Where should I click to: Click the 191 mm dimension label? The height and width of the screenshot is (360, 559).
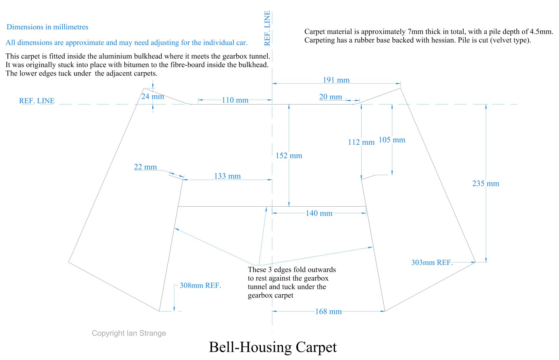(x=336, y=80)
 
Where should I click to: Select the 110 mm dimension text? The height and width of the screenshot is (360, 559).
(x=235, y=100)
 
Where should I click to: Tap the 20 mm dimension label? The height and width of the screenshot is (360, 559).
(x=331, y=97)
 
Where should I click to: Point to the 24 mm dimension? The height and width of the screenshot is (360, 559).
(x=153, y=96)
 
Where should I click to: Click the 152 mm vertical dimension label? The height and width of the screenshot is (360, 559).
(x=289, y=156)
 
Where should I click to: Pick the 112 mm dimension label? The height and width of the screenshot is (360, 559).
(x=361, y=142)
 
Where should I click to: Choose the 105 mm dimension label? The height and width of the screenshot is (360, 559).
(x=392, y=140)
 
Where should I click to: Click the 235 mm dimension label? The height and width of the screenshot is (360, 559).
(x=486, y=183)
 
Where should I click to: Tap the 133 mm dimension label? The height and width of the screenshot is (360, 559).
(x=227, y=176)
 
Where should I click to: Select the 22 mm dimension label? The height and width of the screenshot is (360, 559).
(x=145, y=167)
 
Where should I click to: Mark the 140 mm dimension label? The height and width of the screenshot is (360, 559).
(x=319, y=213)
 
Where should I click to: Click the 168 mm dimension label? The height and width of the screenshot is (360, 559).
(x=328, y=311)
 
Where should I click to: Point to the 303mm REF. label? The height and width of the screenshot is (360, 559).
(x=432, y=262)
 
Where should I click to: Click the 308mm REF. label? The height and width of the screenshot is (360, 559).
(x=200, y=286)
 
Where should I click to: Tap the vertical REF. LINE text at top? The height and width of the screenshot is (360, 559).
(x=267, y=28)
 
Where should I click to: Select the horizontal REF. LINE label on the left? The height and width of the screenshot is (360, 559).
(x=37, y=101)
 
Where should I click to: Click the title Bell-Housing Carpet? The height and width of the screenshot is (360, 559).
(x=273, y=347)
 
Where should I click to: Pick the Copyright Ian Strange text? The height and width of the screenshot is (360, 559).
(x=129, y=333)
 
